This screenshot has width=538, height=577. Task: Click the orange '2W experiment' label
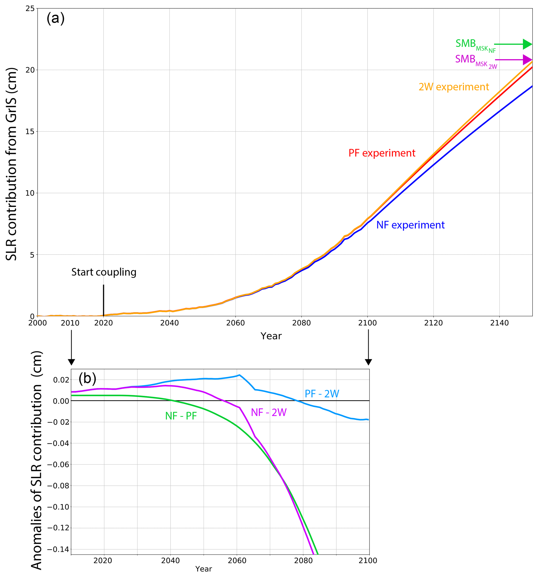(x=454, y=87)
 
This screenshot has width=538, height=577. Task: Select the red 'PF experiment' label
(x=382, y=153)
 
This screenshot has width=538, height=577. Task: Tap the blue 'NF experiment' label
(x=410, y=225)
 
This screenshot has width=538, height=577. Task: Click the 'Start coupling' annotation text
(x=104, y=272)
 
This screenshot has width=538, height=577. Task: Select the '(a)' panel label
(x=55, y=18)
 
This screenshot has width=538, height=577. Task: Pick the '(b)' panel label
(x=87, y=378)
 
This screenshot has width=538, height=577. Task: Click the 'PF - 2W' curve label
(x=322, y=394)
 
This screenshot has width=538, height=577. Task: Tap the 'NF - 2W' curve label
(x=269, y=412)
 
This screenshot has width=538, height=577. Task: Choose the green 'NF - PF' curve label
(x=181, y=416)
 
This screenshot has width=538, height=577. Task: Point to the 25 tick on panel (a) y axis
(x=30, y=8)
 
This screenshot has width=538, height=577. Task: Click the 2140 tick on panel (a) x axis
(x=499, y=323)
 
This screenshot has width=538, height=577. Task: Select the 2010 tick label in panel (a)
(x=70, y=323)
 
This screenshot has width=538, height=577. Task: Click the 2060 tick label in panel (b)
(x=237, y=560)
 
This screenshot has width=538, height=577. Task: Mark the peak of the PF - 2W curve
(x=239, y=375)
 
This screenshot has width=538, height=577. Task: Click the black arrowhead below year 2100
(x=368, y=362)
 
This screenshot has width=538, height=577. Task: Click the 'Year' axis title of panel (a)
(x=271, y=336)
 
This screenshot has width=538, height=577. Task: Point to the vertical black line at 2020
(x=104, y=300)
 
